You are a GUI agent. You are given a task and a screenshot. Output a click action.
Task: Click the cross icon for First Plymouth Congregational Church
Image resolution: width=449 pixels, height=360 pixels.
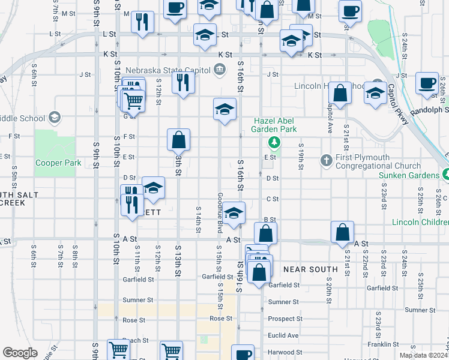point(326,160)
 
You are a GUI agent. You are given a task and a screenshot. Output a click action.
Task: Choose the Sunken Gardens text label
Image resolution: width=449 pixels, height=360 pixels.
point(408,175)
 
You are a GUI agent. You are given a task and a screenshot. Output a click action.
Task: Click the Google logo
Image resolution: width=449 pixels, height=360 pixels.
point(20,353)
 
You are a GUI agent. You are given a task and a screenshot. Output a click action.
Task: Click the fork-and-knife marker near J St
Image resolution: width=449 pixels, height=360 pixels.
point(183,82)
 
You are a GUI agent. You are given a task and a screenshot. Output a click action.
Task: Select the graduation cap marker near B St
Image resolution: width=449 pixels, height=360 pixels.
point(234,212)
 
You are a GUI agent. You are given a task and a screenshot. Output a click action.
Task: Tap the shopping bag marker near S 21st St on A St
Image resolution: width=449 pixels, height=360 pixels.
point(342,232)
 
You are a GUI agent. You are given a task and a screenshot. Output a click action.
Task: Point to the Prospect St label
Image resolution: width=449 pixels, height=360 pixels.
point(285,318)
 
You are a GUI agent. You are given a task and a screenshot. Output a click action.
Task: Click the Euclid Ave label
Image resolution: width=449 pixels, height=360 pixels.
point(284,335)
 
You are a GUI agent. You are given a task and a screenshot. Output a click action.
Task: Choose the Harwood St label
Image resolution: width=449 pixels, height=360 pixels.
point(285,352)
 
